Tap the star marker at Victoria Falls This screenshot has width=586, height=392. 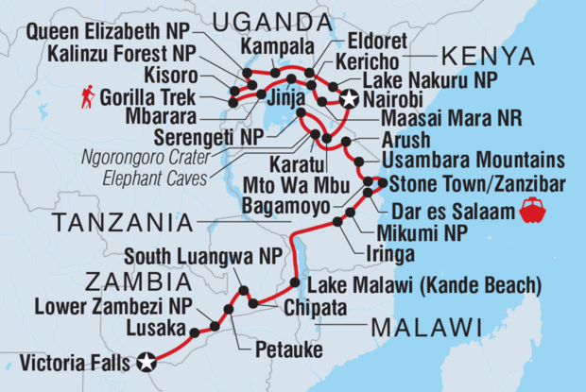[x=146, y=360]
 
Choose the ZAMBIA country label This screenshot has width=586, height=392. [x=134, y=281]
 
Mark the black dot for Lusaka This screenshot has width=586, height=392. [x=195, y=332]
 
